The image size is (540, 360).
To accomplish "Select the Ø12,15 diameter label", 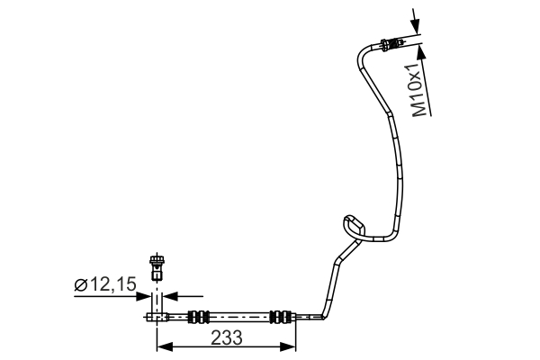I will click(105, 285).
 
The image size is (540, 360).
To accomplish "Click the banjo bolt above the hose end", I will click(159, 266).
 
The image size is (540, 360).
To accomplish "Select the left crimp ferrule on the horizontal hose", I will click(199, 316).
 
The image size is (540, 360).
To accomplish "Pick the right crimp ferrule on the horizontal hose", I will click(281, 316).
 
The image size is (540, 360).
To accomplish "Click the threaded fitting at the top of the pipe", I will click(391, 43).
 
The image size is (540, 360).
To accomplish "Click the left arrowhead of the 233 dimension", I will click(162, 346).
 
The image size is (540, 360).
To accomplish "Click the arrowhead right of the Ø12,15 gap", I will click(170, 293).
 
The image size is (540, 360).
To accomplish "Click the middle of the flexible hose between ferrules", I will click(239, 316).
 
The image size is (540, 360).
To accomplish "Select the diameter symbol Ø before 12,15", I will click(80, 285).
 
